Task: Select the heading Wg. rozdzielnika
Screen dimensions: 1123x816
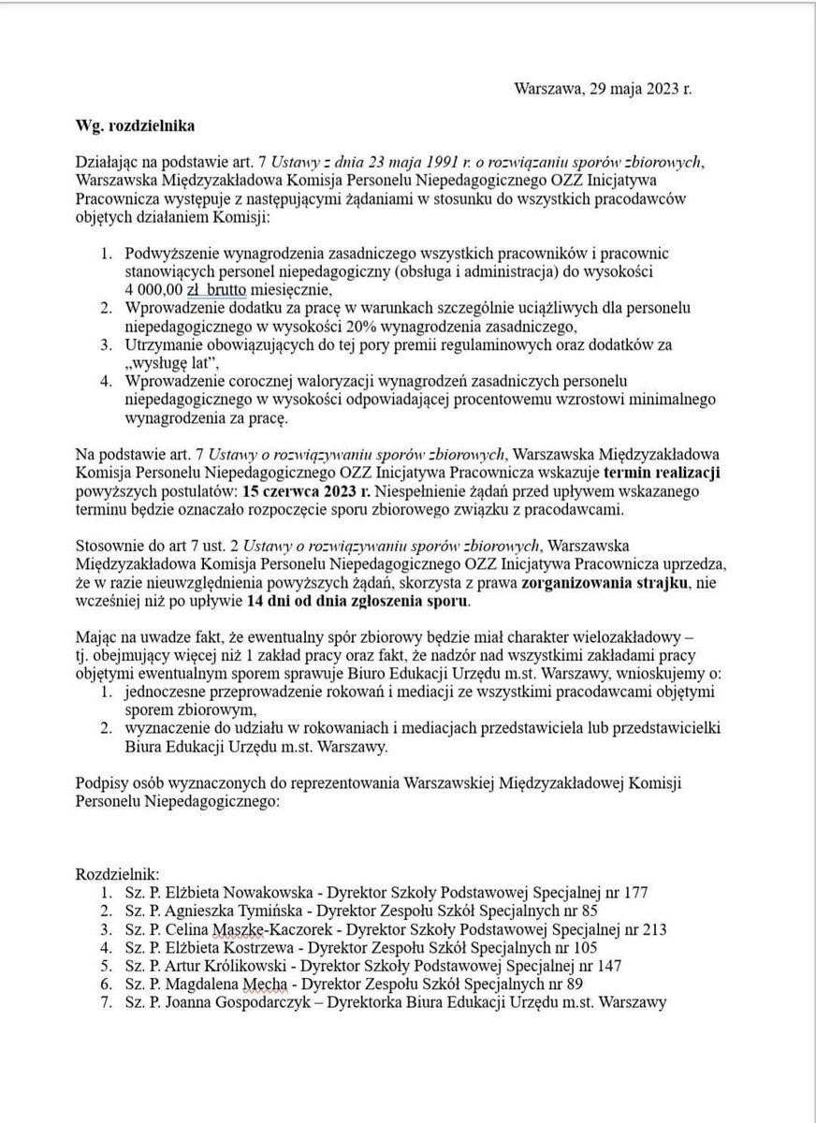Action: click(136, 124)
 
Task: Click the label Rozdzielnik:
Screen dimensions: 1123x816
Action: click(118, 872)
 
